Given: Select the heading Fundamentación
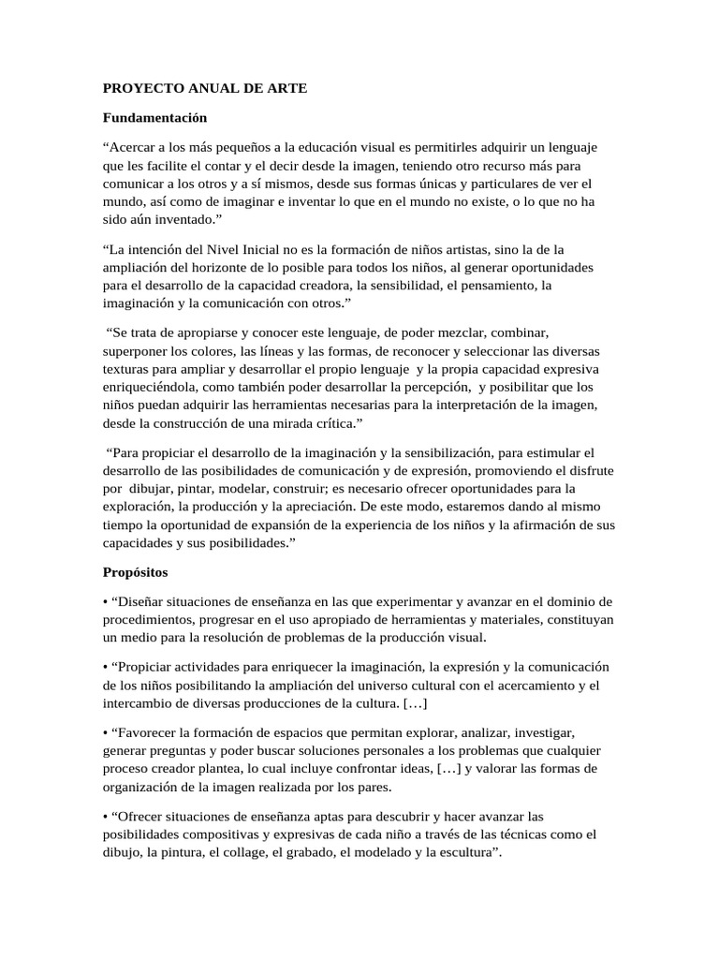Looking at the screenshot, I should pyautogui.click(x=154, y=118).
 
